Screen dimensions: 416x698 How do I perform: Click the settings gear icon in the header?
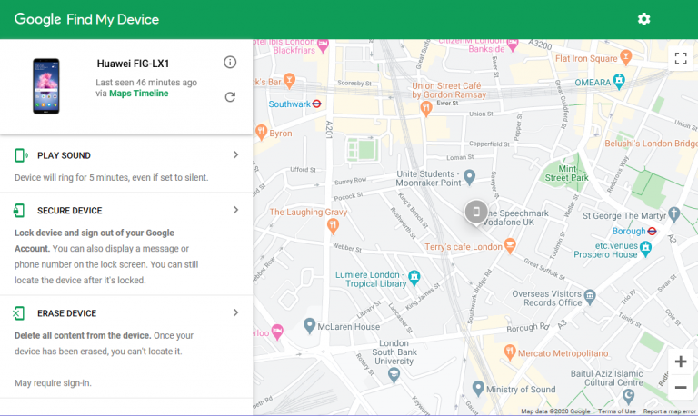tap(644, 19)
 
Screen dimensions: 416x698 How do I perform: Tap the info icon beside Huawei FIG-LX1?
tap(230, 62)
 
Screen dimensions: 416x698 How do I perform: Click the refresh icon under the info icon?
tap(230, 97)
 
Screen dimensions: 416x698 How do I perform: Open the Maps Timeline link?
tap(138, 94)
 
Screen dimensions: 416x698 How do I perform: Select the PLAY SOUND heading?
tap(64, 155)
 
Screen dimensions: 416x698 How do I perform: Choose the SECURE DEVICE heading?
tap(69, 211)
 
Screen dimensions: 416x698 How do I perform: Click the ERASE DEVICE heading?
tap(66, 313)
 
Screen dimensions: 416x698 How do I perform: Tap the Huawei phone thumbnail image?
tap(45, 86)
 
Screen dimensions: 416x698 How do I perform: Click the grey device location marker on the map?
tap(475, 213)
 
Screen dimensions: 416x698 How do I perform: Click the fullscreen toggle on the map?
tap(680, 59)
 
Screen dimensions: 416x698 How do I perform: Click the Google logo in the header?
tap(38, 19)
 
